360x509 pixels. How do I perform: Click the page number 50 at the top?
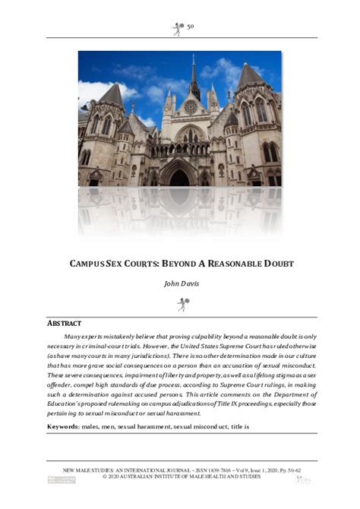pyautogui.click(x=191, y=27)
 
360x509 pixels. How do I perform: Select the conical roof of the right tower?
pyautogui.click(x=248, y=76)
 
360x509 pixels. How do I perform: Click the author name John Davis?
pyautogui.click(x=180, y=283)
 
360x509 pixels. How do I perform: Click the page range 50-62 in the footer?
pyautogui.click(x=291, y=470)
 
